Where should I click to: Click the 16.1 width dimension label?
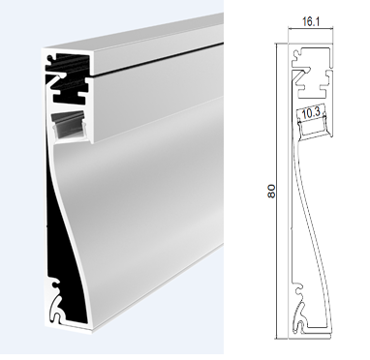[311, 21]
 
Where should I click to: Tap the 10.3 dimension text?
[311, 112]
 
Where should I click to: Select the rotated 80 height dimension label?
[271, 192]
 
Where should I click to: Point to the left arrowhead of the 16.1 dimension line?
[291, 29]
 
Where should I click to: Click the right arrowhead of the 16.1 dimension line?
[329, 29]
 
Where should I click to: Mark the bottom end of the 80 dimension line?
[277, 339]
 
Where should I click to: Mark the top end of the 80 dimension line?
[277, 44]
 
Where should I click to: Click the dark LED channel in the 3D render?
[69, 124]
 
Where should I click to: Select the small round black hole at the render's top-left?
[50, 59]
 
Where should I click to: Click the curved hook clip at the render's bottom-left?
[55, 309]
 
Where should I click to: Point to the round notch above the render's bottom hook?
[55, 285]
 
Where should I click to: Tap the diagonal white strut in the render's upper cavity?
[55, 80]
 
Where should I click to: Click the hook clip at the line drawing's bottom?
[299, 317]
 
